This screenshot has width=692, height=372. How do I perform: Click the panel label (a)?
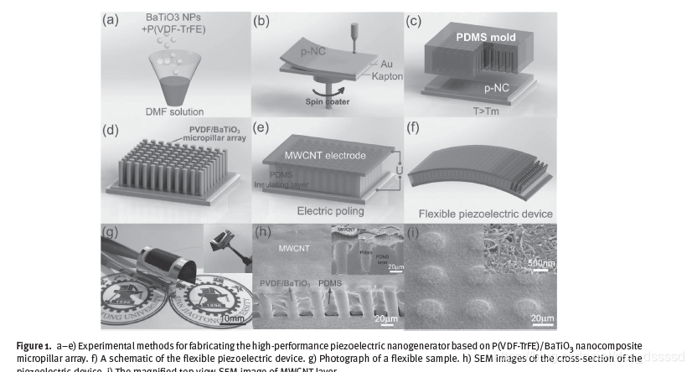pyautogui.click(x=111, y=21)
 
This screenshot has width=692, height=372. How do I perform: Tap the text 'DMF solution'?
pyautogui.click(x=175, y=111)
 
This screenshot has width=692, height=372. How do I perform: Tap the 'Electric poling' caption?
pyautogui.click(x=323, y=211)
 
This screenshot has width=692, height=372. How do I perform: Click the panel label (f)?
pyautogui.click(x=412, y=129)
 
